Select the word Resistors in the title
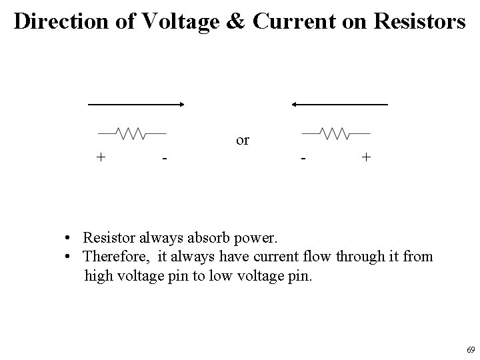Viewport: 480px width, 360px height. [x=411, y=22]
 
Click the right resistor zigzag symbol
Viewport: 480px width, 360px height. [x=336, y=133]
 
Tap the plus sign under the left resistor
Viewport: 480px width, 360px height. [x=101, y=157]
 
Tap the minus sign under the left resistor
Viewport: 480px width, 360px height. [x=163, y=159]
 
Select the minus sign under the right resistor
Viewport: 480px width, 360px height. [x=303, y=159]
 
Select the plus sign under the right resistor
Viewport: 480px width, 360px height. [x=365, y=157]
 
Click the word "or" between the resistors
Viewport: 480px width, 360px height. [x=243, y=141]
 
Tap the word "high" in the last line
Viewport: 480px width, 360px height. [x=99, y=275]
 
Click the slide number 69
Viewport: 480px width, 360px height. [x=470, y=350]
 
